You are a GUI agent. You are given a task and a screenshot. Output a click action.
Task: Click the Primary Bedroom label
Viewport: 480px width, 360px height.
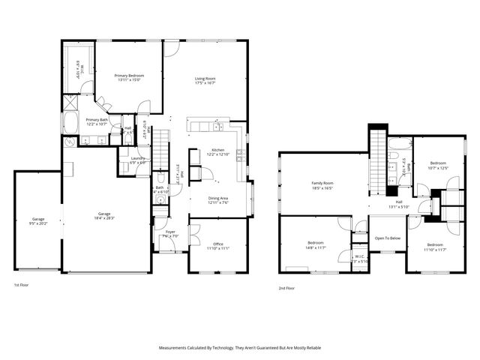128,76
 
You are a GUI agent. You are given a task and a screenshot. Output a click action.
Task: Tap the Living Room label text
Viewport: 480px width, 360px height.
205,79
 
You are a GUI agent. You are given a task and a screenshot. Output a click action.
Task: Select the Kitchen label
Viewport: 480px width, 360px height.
217,150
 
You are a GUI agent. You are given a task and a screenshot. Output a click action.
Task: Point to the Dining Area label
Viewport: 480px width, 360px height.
223,198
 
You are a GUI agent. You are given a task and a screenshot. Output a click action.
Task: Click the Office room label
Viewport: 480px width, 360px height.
218,244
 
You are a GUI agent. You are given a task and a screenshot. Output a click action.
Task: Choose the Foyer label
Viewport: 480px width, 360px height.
169,232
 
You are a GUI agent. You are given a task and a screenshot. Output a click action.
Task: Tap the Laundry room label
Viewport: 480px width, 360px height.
137,158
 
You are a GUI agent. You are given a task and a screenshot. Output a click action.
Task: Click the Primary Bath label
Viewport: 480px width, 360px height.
97,119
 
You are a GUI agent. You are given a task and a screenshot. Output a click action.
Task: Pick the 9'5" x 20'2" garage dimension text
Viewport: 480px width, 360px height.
37,223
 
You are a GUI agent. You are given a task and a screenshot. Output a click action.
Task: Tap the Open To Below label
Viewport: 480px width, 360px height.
387,238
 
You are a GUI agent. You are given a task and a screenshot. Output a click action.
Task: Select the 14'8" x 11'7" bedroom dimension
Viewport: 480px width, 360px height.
316,247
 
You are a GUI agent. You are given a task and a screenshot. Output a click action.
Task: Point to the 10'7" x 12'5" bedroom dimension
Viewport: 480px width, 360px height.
438,168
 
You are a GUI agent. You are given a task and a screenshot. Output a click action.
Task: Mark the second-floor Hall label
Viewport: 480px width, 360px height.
399,202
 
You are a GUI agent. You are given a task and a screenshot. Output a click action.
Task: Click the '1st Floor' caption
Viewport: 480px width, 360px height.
21,286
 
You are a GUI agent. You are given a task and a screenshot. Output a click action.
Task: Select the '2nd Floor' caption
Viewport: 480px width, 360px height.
286,288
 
